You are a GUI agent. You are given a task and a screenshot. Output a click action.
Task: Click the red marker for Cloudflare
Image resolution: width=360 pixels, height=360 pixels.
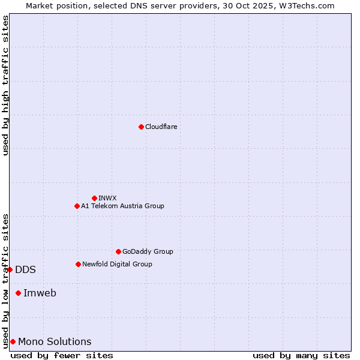(141, 127)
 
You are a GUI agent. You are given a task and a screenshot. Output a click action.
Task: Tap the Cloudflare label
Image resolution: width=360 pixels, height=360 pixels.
(161, 127)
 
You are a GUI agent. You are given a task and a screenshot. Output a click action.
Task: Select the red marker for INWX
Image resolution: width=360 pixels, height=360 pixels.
(94, 198)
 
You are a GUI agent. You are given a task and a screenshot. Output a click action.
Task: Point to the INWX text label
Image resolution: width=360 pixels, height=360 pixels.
(107, 198)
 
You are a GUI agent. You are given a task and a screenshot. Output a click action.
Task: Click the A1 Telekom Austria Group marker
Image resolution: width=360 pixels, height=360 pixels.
(77, 206)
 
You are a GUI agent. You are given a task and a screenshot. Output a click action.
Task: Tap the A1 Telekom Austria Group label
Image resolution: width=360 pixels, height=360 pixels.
(122, 206)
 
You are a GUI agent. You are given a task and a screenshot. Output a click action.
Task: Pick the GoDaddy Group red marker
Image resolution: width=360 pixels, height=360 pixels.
(118, 251)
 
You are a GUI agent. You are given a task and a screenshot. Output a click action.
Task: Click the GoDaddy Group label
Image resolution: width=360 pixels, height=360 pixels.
(148, 251)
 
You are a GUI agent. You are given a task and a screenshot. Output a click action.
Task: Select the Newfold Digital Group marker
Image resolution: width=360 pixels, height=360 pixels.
(78, 264)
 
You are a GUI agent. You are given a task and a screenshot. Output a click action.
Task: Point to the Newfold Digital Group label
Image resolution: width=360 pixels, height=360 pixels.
(117, 264)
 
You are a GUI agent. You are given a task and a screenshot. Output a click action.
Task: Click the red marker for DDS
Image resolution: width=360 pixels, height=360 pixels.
(10, 269)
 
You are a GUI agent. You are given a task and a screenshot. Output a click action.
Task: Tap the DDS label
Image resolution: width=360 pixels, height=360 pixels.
(25, 269)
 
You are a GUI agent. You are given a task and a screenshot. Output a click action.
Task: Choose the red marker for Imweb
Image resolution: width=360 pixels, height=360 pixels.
(18, 293)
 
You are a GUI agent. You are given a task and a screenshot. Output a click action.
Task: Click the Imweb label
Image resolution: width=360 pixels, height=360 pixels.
(40, 293)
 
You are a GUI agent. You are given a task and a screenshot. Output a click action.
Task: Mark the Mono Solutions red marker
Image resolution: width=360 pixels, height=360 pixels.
(13, 341)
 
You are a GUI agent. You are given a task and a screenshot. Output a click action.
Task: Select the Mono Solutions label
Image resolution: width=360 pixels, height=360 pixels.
(55, 341)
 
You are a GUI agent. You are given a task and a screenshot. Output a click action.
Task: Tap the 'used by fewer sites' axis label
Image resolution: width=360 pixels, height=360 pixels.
(62, 355)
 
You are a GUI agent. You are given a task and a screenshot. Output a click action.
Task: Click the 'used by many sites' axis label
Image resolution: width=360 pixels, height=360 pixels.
(301, 355)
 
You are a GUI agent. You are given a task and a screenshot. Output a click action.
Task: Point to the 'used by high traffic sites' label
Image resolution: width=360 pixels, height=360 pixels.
(5, 86)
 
